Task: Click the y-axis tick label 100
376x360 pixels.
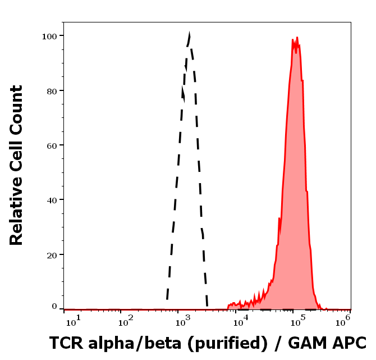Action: (51, 36)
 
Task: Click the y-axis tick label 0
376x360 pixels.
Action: (55, 307)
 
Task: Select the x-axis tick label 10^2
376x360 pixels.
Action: (125, 321)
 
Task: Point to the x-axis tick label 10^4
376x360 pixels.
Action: (241, 321)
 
